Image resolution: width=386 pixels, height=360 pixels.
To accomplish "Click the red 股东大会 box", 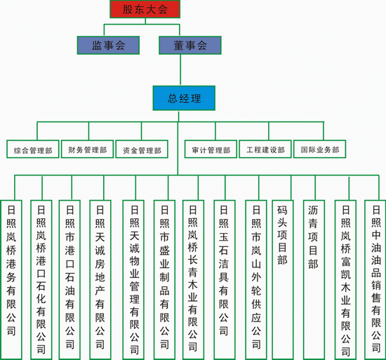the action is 145,9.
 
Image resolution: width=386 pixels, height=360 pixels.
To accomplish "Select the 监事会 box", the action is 108,46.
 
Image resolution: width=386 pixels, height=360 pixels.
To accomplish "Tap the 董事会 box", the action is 190,46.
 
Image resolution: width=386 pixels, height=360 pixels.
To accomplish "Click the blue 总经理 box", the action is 184,98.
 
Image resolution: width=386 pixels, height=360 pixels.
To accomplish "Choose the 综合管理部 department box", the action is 33,149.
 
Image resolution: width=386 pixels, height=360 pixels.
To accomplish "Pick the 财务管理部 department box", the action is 88,149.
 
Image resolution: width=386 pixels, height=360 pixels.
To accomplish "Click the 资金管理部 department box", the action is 142,149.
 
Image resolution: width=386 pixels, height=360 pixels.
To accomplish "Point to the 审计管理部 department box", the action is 211,149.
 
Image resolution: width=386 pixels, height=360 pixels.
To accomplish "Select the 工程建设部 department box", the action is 265,149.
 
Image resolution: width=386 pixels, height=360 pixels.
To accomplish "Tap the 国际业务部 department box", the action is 320,149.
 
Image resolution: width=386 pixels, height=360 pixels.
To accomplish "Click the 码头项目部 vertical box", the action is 283,280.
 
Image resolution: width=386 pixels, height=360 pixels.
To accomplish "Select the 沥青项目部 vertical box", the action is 314,280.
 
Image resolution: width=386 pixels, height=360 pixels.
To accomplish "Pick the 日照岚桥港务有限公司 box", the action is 11,280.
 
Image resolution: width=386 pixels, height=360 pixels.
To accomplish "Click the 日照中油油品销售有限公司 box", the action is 375,280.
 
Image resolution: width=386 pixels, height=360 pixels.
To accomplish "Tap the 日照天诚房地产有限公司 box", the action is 100,280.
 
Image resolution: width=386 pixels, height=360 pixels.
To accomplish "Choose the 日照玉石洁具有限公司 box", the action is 225,280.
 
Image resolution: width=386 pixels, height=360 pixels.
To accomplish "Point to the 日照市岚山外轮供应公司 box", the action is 256,280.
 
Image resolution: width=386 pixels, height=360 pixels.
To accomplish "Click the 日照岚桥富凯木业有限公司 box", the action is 345,280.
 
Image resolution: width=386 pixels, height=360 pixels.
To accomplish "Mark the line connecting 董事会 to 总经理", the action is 180,70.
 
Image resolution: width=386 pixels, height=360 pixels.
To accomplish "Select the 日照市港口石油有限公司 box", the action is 69,280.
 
